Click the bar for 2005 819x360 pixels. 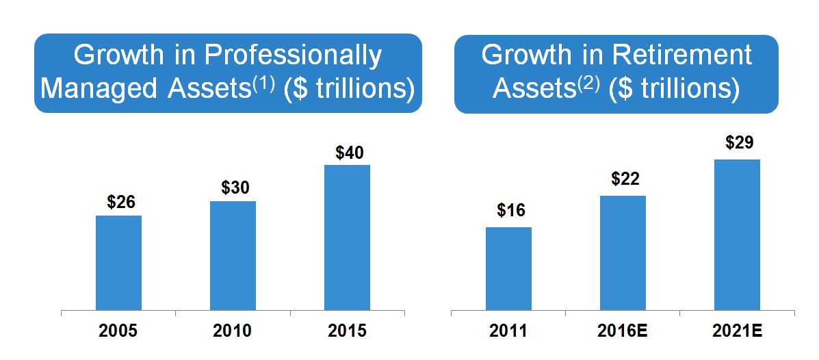point(118,263)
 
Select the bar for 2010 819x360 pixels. point(233,255)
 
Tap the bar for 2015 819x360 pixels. point(347,237)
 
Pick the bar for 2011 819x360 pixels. point(508,268)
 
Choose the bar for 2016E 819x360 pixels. point(623,253)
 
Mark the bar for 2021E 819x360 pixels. point(737,235)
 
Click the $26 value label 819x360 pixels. point(121,202)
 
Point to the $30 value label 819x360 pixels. point(235,188)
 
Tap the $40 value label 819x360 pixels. point(350,151)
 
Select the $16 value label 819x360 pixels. point(511,210)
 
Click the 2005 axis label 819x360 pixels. point(118,331)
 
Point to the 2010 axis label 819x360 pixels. point(233,331)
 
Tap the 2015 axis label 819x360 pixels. point(347,331)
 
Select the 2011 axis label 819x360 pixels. point(508,331)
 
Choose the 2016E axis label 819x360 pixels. point(623,331)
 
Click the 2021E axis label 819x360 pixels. point(737,331)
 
